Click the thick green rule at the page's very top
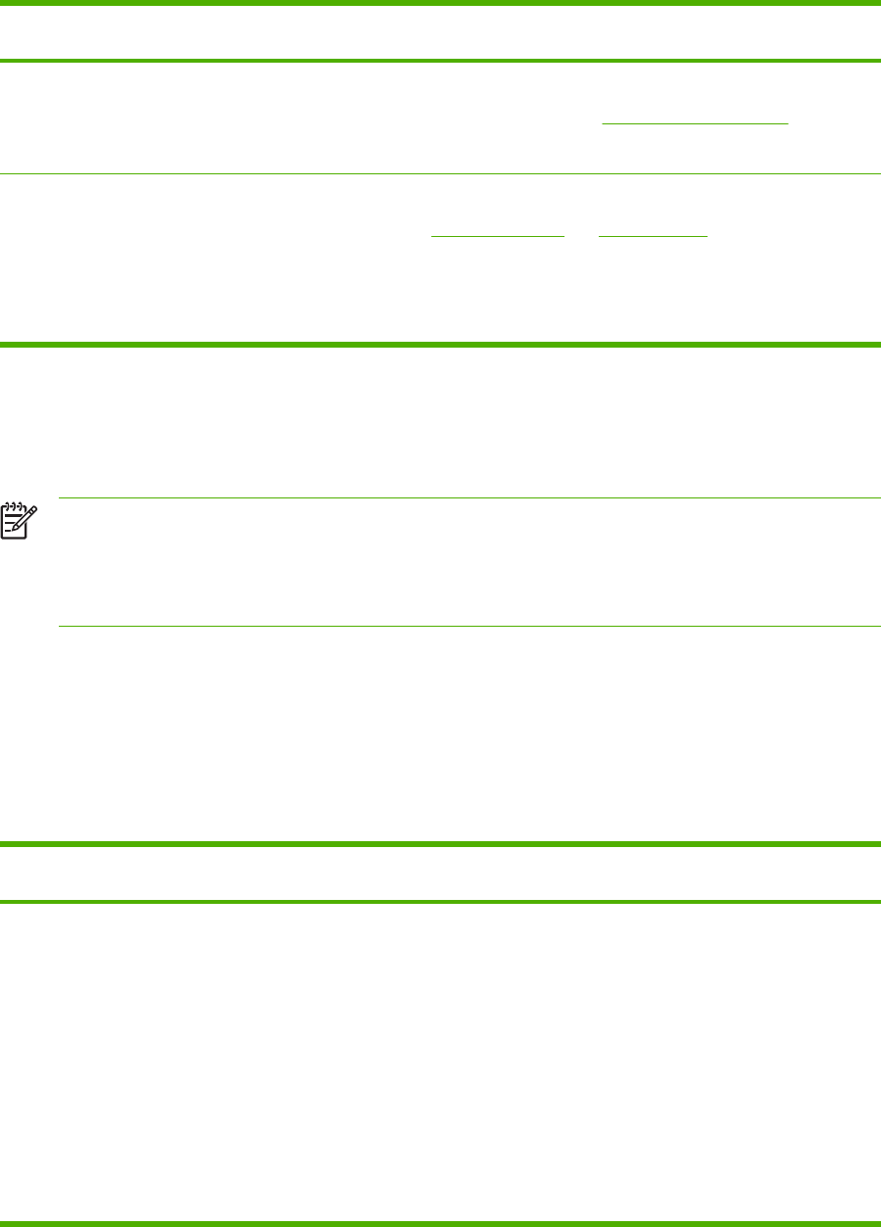(x=440, y=3)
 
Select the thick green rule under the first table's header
(x=440, y=62)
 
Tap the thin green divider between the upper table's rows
(x=440, y=174)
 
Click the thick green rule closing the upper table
(x=440, y=344)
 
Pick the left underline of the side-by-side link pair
(x=499, y=237)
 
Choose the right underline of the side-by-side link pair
(x=652, y=237)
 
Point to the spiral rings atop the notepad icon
(x=15, y=505)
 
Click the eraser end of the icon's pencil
(x=34, y=509)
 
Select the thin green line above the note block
(x=469, y=498)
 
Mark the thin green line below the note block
(x=469, y=626)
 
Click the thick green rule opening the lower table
(x=440, y=843)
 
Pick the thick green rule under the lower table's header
(x=440, y=901)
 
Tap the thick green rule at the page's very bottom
(x=440, y=1222)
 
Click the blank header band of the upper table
(x=440, y=32)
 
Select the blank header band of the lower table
(x=440, y=873)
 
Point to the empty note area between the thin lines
(x=469, y=562)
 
